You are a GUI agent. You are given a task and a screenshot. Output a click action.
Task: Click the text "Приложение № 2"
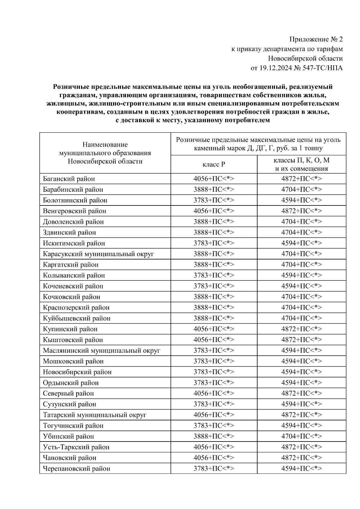pyautogui.click(x=316, y=39)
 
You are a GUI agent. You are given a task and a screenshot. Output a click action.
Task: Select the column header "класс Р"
pyautogui.click(x=214, y=164)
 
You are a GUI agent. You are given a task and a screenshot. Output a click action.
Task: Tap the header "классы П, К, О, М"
pyautogui.click(x=301, y=160)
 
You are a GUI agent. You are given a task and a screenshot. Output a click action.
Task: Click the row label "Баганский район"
pyautogui.click(x=69, y=179)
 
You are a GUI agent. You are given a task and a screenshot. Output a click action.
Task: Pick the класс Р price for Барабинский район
pyautogui.click(x=214, y=190)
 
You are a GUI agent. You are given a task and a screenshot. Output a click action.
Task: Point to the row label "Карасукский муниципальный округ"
pyautogui.click(x=98, y=254)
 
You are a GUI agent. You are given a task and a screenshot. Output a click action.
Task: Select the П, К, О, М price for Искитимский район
pyautogui.click(x=301, y=243)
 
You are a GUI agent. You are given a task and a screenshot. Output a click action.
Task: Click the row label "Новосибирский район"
pyautogui.click(x=77, y=372)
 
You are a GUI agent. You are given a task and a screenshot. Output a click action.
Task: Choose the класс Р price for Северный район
pyautogui.click(x=214, y=394)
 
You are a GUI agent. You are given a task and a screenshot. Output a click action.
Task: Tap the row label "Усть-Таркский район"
pyautogui.click(x=76, y=447)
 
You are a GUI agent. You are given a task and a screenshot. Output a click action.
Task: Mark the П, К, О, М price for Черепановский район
pyautogui.click(x=301, y=469)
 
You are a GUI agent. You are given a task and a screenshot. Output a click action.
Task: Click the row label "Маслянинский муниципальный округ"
pyautogui.click(x=101, y=351)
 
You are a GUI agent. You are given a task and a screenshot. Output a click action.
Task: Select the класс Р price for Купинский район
pyautogui.click(x=214, y=329)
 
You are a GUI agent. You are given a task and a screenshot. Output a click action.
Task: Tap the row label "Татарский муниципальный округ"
pyautogui.click(x=94, y=415)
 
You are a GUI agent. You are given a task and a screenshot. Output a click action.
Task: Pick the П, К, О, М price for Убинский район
pyautogui.click(x=301, y=436)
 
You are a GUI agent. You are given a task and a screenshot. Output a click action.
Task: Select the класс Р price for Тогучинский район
pyautogui.click(x=214, y=426)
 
